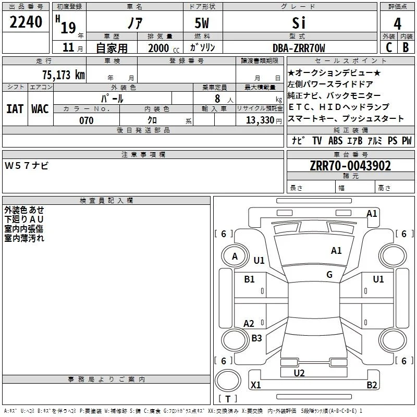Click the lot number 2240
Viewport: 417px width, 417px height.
pyautogui.click(x=26, y=22)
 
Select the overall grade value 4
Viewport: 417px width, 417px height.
pyautogui.click(x=397, y=24)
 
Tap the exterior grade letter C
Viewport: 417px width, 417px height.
pyautogui.click(x=389, y=47)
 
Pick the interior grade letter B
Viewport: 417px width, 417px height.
pyautogui.click(x=406, y=47)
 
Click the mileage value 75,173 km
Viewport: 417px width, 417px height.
pyautogui.click(x=64, y=75)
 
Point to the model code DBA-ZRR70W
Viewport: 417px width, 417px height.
pyautogui.click(x=299, y=48)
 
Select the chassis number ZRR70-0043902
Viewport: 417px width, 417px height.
pyautogui.click(x=350, y=166)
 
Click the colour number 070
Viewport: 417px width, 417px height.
pyautogui.click(x=87, y=120)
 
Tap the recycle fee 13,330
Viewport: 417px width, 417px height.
pyautogui.click(x=260, y=120)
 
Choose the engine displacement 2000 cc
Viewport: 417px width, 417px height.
pyautogui.click(x=164, y=48)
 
